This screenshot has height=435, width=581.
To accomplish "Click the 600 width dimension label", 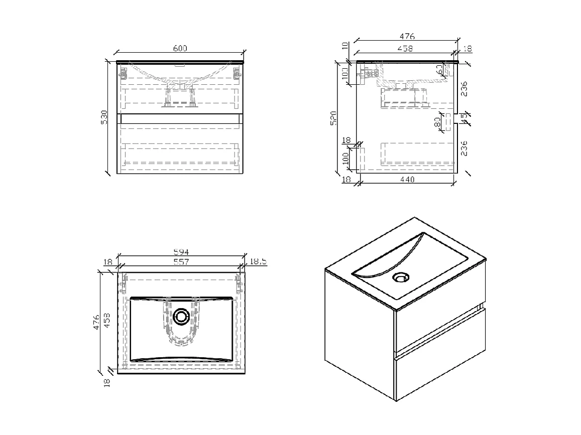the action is click(180, 48).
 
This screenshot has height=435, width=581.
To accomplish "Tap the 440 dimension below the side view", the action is click(407, 180).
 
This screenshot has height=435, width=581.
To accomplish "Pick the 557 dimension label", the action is click(180, 261).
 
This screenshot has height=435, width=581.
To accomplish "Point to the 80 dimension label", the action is click(437, 121).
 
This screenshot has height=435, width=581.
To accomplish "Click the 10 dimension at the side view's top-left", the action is click(345, 46).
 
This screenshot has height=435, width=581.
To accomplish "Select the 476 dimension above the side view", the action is click(407, 36).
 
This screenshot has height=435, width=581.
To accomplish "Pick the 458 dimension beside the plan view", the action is click(106, 320).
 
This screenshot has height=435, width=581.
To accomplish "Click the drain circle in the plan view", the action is click(181, 317).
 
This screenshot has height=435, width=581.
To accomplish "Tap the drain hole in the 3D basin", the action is click(401, 277).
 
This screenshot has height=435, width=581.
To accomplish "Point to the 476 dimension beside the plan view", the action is click(96, 320).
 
